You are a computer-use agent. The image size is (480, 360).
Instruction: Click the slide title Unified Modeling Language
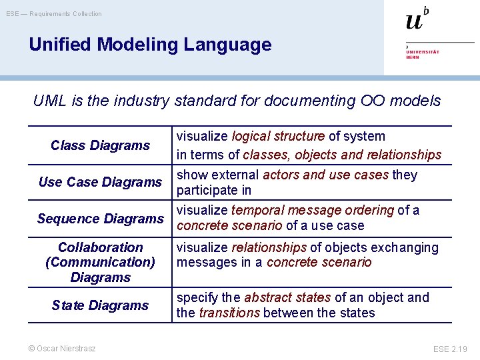point(150,45)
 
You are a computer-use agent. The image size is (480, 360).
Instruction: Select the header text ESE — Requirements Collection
point(54,13)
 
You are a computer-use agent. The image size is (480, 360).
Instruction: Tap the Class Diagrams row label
point(100,145)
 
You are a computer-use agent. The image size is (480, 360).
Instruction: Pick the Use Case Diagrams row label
point(100,182)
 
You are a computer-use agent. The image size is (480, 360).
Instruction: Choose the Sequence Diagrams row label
point(100,219)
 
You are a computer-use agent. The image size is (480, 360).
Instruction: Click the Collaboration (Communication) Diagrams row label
point(100,262)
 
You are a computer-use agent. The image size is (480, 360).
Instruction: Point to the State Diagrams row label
point(100,305)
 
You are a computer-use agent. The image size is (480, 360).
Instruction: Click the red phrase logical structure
point(278,137)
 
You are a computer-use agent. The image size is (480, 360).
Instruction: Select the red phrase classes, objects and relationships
point(342,155)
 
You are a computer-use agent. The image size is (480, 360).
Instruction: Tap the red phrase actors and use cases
point(326,175)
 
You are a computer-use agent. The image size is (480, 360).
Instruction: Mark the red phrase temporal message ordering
point(313,211)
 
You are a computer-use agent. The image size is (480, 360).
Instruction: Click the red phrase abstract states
point(287,298)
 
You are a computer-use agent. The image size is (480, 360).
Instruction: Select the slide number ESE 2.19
point(450,349)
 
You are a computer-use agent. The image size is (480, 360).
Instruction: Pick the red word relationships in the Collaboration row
point(269,248)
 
